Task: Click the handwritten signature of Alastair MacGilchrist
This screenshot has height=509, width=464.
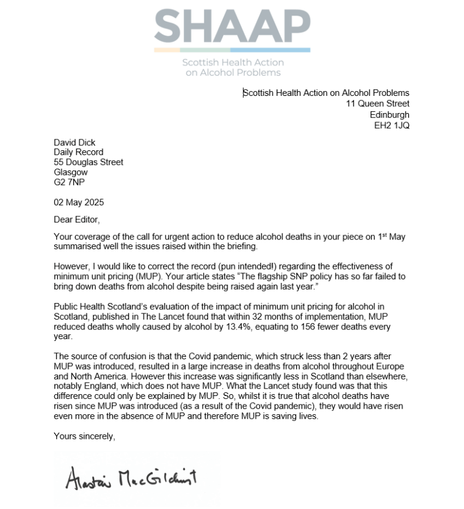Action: point(132,479)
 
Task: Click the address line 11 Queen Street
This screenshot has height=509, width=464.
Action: point(378,104)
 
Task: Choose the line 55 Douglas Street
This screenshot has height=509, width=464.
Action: point(89,162)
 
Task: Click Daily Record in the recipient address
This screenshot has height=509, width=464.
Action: point(79,152)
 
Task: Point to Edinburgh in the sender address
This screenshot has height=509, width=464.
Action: point(390,114)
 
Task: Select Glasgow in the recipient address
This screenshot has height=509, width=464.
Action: point(71,172)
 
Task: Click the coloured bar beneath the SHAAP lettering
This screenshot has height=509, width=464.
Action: point(232,49)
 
